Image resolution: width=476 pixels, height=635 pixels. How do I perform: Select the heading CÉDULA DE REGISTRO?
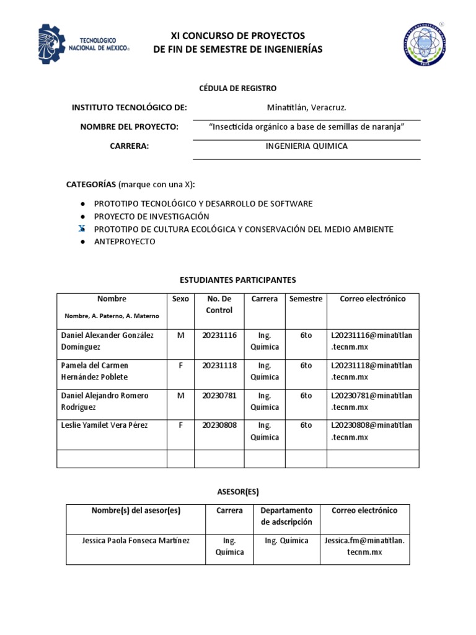click(237, 88)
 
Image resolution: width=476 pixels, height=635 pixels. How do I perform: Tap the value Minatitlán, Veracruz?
click(306, 107)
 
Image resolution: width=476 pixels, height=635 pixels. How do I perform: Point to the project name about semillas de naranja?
click(307, 127)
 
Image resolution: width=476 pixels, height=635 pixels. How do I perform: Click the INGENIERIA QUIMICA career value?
click(306, 146)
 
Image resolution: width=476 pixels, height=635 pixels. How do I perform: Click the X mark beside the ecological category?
click(82, 229)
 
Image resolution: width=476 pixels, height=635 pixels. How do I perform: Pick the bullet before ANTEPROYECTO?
click(82, 242)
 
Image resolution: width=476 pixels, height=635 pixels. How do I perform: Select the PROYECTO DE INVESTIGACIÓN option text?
click(151, 216)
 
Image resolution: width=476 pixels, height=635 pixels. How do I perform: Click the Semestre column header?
click(306, 299)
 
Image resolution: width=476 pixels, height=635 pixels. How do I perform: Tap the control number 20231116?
click(219, 335)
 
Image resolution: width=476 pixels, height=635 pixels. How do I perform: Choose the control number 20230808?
click(219, 425)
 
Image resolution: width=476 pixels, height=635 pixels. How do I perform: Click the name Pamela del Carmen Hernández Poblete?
click(95, 371)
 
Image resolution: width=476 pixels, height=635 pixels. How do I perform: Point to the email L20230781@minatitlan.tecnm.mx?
click(372, 401)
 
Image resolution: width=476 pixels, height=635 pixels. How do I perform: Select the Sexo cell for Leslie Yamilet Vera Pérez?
click(181, 425)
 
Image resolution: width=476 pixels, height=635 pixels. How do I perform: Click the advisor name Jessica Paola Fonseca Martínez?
click(136, 541)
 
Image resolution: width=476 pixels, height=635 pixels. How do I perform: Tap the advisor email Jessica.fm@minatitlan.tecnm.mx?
click(364, 546)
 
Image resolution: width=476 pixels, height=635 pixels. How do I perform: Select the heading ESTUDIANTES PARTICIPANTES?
click(237, 280)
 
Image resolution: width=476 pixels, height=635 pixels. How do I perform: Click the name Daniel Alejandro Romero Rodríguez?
click(104, 401)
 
